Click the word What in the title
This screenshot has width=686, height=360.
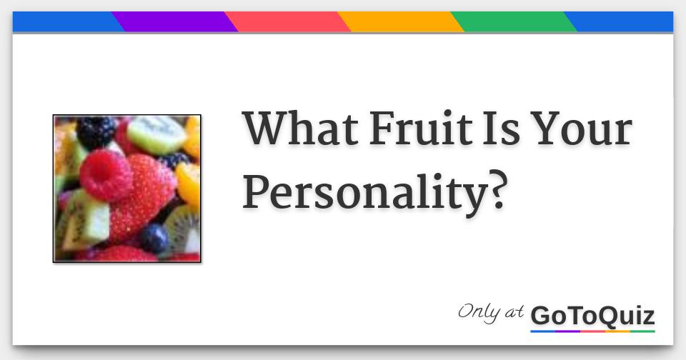pos(299,130)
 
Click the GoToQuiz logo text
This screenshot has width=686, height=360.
pos(592,315)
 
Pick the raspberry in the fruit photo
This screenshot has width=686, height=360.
pos(105,174)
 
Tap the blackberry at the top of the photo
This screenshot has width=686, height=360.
pos(96,131)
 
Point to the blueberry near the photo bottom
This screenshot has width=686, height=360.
pos(153,238)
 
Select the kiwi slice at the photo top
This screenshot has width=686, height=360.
pos(157,134)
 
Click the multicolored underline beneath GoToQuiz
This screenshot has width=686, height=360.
pos(592,331)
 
